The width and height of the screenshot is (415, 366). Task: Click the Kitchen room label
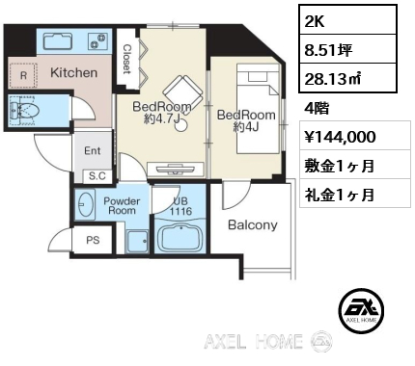coord(73,73)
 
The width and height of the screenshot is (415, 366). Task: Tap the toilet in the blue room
coord(24,112)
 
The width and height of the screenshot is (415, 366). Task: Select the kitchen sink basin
coord(57,41)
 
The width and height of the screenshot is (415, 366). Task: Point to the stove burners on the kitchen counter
coord(97,41)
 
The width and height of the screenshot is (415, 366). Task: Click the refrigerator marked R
coord(23,75)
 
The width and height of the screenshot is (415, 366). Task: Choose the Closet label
coord(127,59)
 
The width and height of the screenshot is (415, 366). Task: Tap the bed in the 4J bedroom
coord(258,109)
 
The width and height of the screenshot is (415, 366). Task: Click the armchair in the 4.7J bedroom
coord(183,91)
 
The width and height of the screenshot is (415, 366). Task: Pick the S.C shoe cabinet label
coord(97,175)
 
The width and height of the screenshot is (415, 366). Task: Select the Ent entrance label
coord(93,150)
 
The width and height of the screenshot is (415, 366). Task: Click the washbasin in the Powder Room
coord(85,204)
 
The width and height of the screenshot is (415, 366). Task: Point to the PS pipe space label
coord(93,240)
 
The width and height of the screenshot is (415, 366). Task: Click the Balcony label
coord(253,225)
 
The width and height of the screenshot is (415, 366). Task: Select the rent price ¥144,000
coord(340,137)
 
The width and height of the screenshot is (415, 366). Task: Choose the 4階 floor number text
coord(317,109)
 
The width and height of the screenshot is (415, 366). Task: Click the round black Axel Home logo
coord(363,310)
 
